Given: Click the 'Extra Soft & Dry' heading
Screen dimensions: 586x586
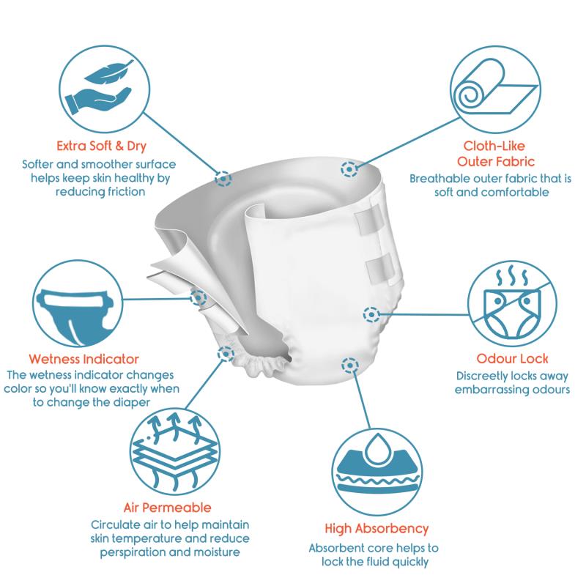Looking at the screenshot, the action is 101,146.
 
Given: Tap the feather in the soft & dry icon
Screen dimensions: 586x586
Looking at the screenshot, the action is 108,72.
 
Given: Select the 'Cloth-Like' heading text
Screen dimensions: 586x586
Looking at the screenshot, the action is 494,146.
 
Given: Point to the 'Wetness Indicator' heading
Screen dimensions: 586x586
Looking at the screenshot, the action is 84,359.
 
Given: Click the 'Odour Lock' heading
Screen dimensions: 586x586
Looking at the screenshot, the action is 512,359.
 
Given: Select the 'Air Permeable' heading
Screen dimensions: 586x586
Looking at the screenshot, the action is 168,508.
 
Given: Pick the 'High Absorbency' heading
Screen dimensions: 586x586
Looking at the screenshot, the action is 377,529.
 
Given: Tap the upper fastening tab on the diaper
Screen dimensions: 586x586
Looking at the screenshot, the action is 369,221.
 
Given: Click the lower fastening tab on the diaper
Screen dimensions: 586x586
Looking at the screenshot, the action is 380,268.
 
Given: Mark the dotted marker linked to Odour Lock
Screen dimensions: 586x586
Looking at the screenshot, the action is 371,315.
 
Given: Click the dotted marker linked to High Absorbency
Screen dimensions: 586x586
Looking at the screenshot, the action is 350,365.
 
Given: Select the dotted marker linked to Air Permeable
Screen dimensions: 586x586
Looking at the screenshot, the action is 226,354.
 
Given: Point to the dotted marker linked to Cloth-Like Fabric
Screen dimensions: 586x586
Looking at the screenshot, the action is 349,169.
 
